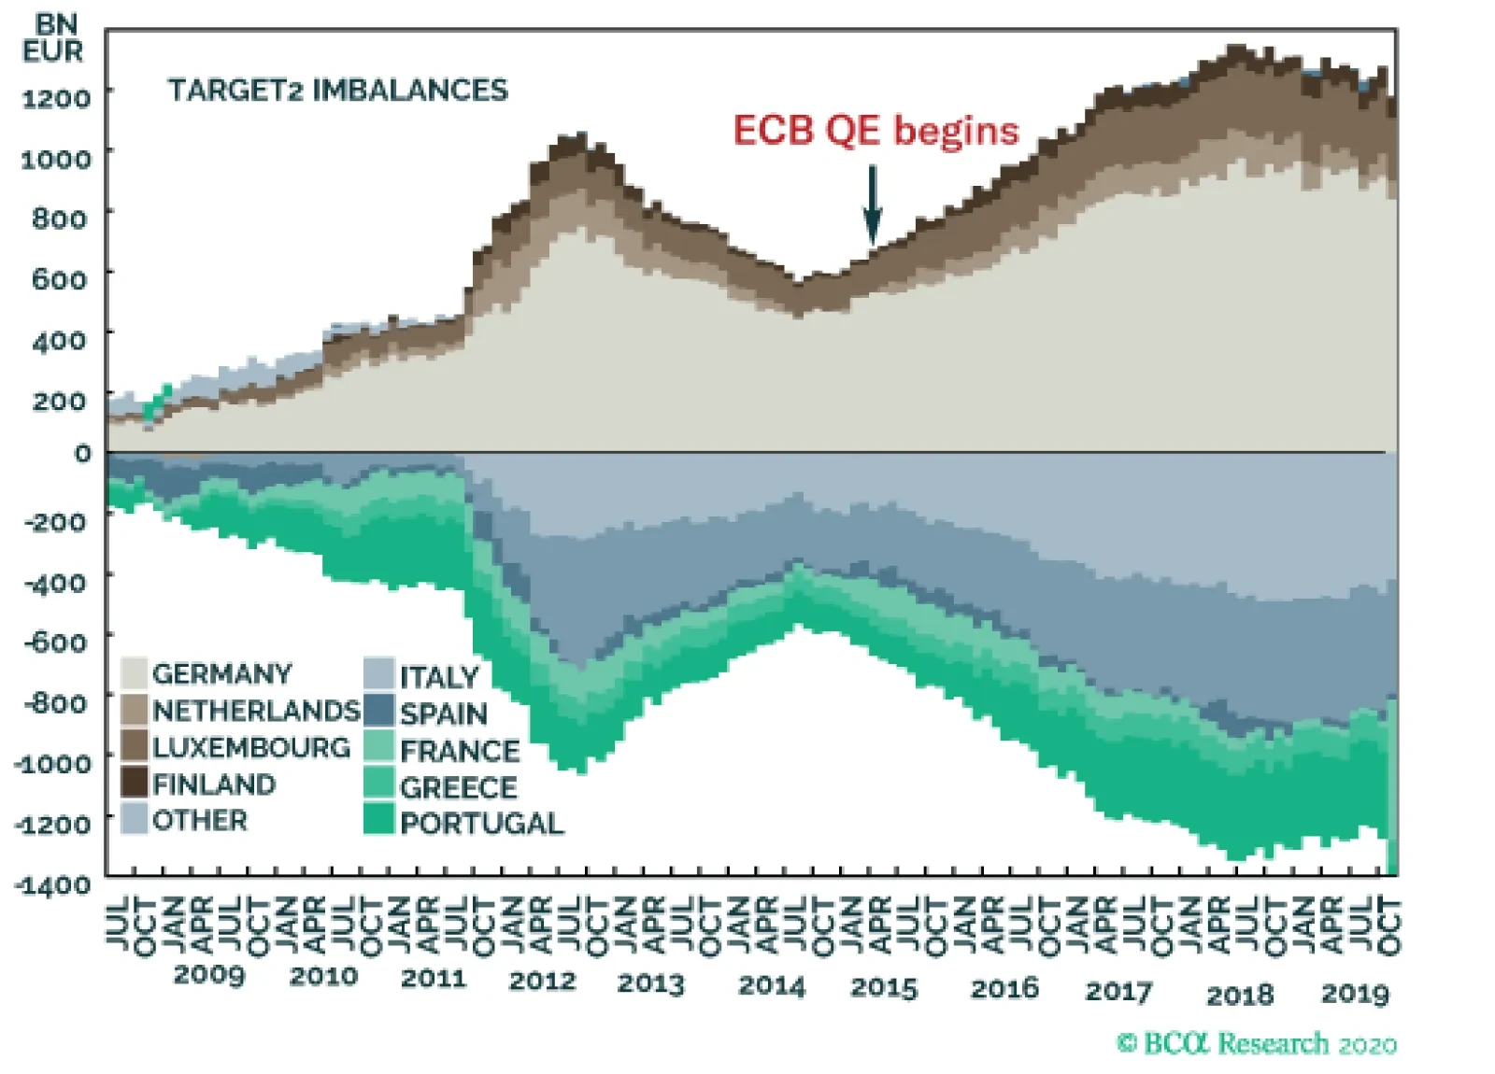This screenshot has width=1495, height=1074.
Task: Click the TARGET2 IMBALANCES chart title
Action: [337, 91]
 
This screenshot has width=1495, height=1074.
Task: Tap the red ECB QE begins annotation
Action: [876, 131]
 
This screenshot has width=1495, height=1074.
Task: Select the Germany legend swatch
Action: [135, 673]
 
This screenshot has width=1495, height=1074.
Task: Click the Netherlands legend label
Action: [256, 711]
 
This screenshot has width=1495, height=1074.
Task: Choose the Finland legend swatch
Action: [135, 783]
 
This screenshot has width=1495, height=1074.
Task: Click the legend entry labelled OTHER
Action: [200, 820]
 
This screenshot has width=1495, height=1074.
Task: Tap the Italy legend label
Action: [439, 677]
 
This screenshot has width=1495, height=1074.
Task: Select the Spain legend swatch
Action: [378, 712]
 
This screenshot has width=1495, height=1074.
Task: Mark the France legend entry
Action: [459, 751]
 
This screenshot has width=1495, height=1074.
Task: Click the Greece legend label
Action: [458, 787]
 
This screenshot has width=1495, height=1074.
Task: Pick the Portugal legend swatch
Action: [378, 821]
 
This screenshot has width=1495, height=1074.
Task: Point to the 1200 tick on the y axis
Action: [56, 97]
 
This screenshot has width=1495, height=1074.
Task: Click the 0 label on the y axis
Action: [83, 453]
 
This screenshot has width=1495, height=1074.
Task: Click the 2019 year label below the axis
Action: [1355, 994]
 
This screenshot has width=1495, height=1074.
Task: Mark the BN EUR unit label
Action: [53, 39]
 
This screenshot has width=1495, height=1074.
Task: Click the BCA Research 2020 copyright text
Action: [1257, 1043]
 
